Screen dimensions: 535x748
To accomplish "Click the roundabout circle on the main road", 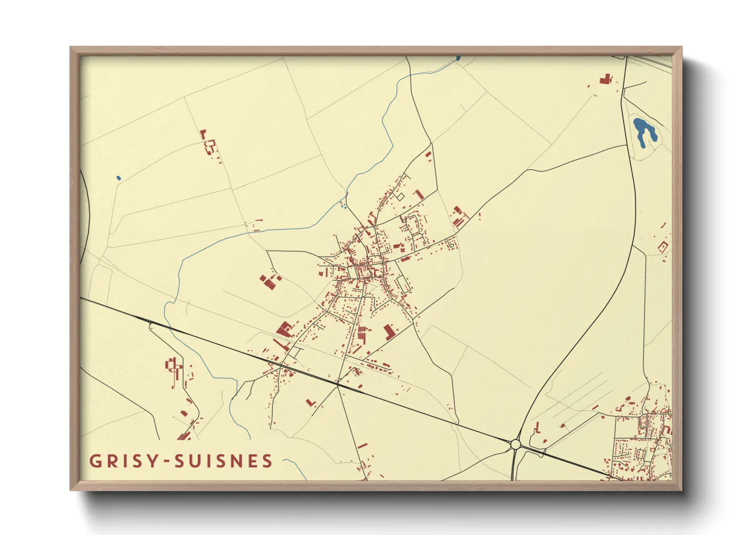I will click(515, 444).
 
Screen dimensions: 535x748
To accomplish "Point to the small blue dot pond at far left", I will click(118, 178).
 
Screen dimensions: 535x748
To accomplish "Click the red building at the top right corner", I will click(605, 79).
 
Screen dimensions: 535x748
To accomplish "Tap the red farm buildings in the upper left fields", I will click(208, 143).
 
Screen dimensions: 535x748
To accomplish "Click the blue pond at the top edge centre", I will click(458, 59).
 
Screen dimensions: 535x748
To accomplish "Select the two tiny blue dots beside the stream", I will click(344, 206).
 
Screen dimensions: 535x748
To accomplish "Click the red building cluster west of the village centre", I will click(269, 281).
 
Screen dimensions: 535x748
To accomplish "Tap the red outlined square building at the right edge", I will click(663, 247).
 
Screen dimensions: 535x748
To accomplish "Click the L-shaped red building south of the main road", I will click(311, 403).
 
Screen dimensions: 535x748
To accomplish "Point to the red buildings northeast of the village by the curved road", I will click(459, 216).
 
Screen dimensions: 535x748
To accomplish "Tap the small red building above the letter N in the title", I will click(362, 447).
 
